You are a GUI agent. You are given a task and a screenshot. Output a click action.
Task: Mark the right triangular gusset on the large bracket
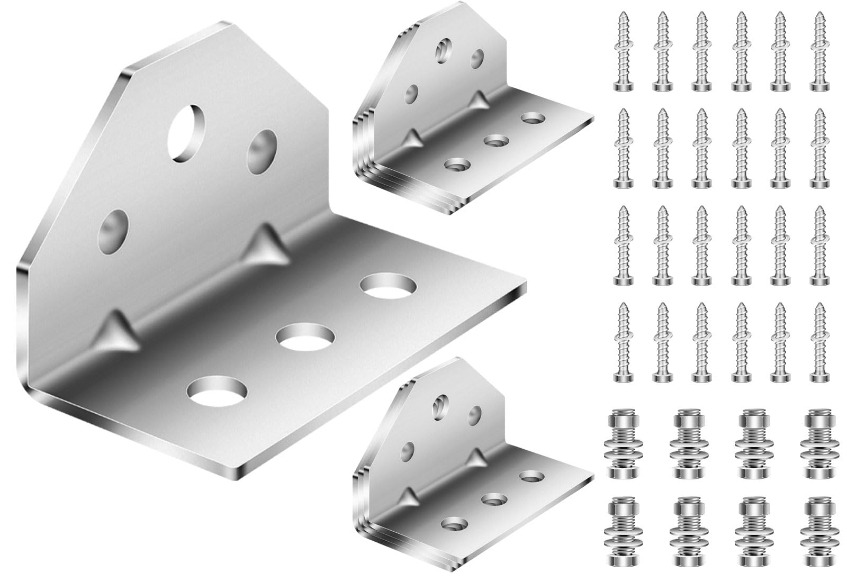pyautogui.click(x=264, y=244)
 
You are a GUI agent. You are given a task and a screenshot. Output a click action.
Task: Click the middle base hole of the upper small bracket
pyautogui.click(x=496, y=141)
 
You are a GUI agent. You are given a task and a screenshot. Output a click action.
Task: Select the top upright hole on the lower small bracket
pyautogui.click(x=439, y=405)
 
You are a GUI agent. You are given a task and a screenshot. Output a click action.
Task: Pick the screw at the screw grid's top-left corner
pyautogui.click(x=623, y=50)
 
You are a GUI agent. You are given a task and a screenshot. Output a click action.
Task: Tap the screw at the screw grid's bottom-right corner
pyautogui.click(x=818, y=341)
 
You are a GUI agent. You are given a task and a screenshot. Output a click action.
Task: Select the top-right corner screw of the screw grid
pyautogui.click(x=818, y=50)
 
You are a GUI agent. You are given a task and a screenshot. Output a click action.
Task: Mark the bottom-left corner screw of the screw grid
pyautogui.click(x=623, y=341)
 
